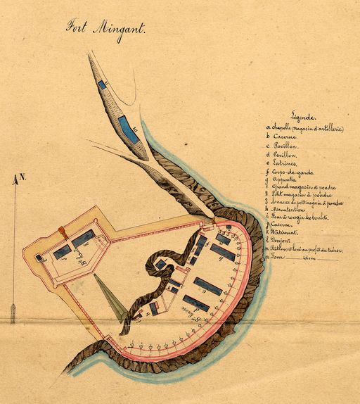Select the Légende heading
[304, 117]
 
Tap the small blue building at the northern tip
[102, 84]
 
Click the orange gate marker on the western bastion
[62, 230]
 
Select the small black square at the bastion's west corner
[38, 258]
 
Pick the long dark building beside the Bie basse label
[195, 303]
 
